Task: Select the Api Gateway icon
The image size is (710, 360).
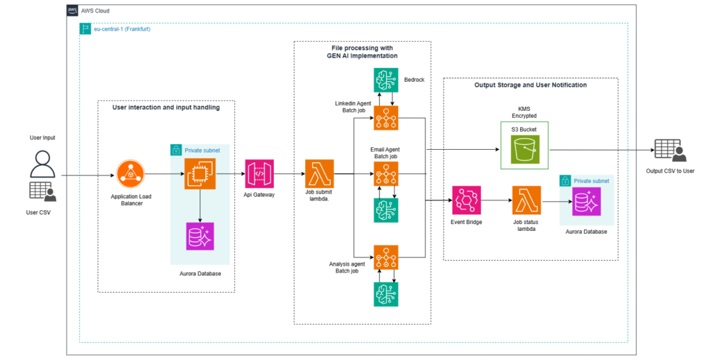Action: coord(259,173)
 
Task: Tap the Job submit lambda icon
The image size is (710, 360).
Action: coord(319,173)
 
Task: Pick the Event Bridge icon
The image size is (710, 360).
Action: coord(466,200)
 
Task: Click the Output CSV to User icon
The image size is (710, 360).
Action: coord(668,151)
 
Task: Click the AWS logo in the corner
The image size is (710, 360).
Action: coord(72,10)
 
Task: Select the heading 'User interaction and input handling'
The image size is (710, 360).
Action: coord(166,108)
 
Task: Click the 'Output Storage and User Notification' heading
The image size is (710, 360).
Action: coord(530,85)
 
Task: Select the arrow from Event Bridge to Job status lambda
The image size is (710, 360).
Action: coord(496,200)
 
